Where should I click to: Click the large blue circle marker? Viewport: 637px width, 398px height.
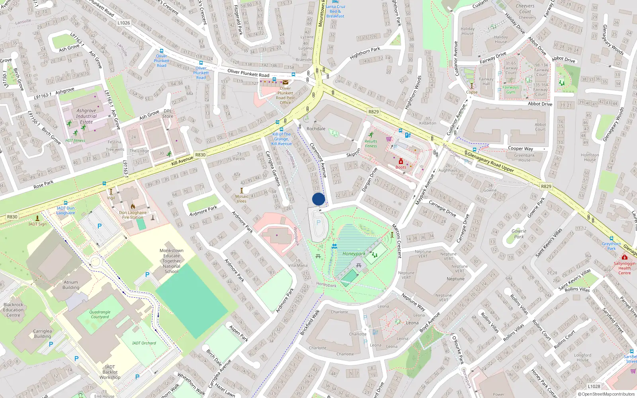click(318, 199)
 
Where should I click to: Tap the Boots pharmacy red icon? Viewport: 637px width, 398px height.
click(401, 161)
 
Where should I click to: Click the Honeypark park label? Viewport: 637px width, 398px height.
click(354, 254)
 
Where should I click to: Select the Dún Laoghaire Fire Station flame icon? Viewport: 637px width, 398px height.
click(133, 207)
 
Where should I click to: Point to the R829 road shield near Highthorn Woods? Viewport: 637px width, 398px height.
click(373, 111)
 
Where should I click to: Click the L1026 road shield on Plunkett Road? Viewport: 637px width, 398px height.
click(124, 23)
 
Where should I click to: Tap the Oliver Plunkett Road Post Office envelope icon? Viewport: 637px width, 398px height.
click(285, 83)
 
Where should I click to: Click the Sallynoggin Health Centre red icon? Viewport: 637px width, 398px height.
click(624, 258)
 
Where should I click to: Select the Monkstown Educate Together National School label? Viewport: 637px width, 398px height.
click(172, 261)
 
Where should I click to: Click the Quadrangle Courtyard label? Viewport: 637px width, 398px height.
click(100, 314)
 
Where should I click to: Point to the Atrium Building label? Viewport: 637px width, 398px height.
click(71, 285)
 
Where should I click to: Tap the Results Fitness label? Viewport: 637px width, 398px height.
click(371, 143)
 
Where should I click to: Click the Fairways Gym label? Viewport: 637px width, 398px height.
click(510, 90)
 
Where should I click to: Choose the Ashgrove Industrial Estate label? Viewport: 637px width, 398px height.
click(86, 116)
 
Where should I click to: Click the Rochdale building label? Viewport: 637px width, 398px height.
click(316, 129)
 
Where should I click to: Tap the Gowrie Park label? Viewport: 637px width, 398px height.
click(519, 234)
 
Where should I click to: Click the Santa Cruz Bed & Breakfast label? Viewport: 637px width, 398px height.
click(335, 11)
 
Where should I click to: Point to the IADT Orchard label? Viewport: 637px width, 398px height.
click(144, 343)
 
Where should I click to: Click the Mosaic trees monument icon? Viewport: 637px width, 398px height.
click(241, 191)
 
